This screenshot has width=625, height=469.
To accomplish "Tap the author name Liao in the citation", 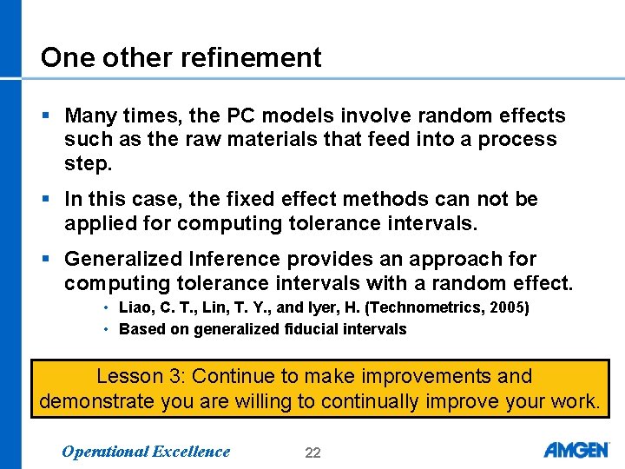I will [x=135, y=307].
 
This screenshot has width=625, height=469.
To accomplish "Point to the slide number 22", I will [x=312, y=452].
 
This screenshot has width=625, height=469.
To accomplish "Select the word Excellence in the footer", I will [x=191, y=451].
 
